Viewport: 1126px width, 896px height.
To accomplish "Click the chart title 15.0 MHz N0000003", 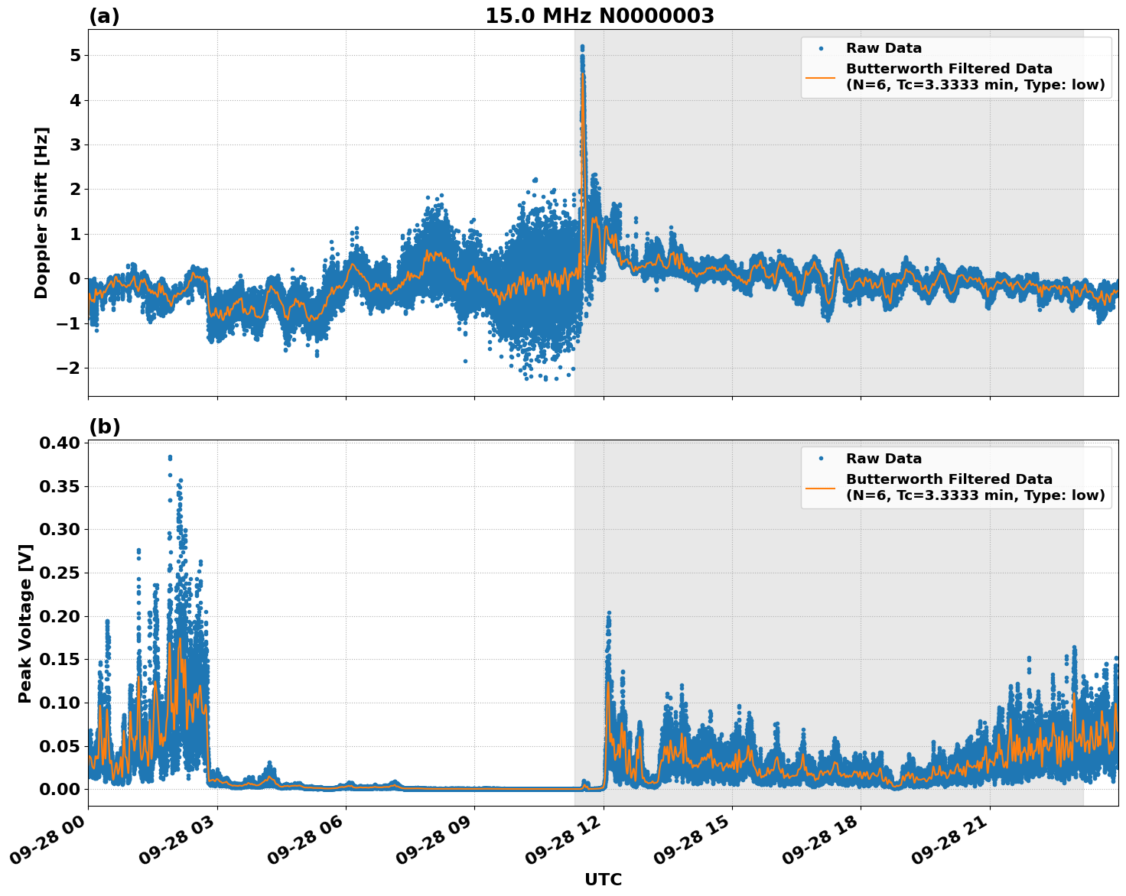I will pyautogui.click(x=599, y=16).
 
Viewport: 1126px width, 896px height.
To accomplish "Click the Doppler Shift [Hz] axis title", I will pyautogui.click(x=41, y=213).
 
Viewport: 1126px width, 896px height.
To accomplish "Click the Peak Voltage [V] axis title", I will pyautogui.click(x=25, y=623).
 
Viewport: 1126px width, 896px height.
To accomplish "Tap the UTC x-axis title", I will pyautogui.click(x=603, y=880).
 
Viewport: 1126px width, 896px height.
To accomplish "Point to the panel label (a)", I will pyautogui.click(x=104, y=16).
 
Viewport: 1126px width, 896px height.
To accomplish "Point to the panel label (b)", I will pyautogui.click(x=104, y=427).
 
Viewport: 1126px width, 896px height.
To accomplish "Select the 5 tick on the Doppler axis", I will pyautogui.click(x=75, y=56).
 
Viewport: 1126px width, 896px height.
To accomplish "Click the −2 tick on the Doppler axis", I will pyautogui.click(x=70, y=368).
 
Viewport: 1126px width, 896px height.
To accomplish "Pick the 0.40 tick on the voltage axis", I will pyautogui.click(x=58, y=443).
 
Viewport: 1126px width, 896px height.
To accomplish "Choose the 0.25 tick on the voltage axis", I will pyautogui.click(x=58, y=573).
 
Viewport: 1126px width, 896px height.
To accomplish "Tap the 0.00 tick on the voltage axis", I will pyautogui.click(x=58, y=790).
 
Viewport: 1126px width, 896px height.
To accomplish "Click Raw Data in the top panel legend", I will pyautogui.click(x=884, y=49).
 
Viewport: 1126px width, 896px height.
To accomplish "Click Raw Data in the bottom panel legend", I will pyautogui.click(x=884, y=459).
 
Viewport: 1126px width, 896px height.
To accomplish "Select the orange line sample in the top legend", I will pyautogui.click(x=820, y=77).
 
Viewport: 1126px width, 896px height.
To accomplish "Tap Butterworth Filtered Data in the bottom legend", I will pyautogui.click(x=949, y=480).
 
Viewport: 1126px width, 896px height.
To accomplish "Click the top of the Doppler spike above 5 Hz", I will pyautogui.click(x=582, y=47).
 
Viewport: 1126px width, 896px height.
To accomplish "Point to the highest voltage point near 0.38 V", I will pyautogui.click(x=170, y=457).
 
